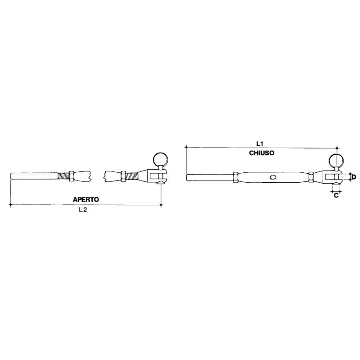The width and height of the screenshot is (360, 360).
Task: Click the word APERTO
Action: [x=86, y=199]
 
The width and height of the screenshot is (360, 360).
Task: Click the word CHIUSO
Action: [x=261, y=153]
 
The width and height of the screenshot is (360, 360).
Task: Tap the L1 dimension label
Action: [x=260, y=144]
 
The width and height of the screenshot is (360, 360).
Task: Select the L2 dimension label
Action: [x=83, y=210]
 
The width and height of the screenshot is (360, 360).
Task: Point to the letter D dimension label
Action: [x=354, y=177]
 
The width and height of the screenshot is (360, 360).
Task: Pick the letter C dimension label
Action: [x=336, y=195]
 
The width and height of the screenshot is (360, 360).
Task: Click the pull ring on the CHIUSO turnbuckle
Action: [x=336, y=161]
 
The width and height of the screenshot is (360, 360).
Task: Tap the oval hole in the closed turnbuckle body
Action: [x=273, y=177]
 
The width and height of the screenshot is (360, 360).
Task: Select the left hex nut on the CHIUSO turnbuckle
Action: [x=235, y=177]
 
